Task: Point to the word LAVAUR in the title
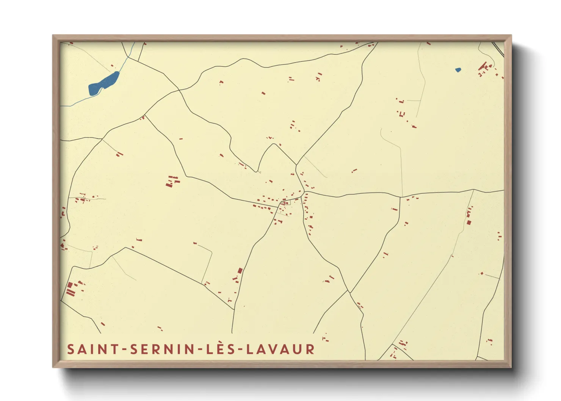point(280,349)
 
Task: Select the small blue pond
point(458,70)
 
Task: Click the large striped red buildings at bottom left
point(70,289)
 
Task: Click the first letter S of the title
point(71,349)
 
